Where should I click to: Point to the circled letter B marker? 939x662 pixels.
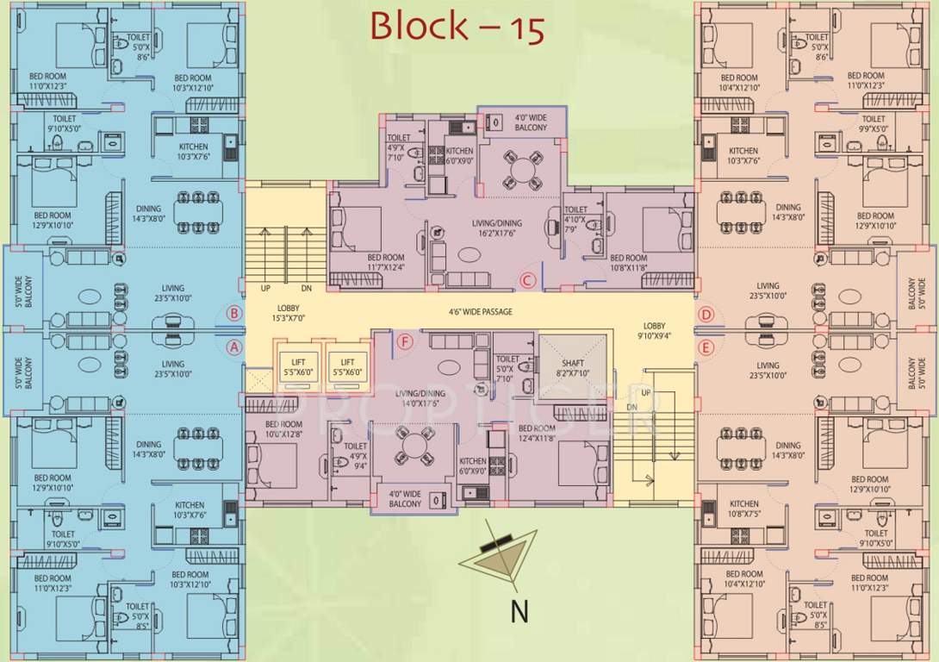tap(233, 314)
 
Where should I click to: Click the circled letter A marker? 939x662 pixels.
tap(233, 347)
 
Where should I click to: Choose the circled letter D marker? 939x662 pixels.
tap(706, 315)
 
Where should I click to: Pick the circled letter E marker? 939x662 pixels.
tap(706, 347)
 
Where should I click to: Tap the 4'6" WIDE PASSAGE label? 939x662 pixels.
tap(479, 312)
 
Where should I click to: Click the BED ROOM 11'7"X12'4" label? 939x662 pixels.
tap(385, 262)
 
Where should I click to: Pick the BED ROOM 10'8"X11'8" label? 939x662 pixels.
tap(628, 262)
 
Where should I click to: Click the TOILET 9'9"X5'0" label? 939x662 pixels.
tap(873, 123)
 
